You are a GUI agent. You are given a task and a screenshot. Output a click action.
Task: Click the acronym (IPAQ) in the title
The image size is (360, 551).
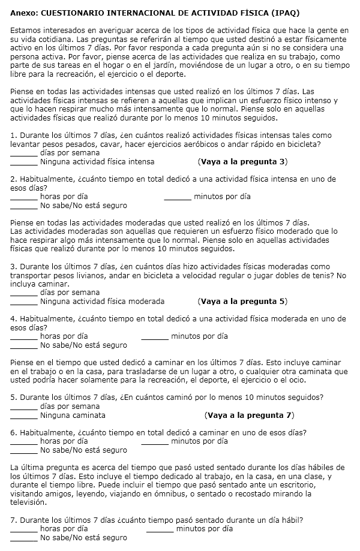coord(284,13)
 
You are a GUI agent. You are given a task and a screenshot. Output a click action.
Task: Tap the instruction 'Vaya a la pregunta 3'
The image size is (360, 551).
coord(242,161)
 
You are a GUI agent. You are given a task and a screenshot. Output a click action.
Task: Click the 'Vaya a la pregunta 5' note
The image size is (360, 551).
coord(242,301)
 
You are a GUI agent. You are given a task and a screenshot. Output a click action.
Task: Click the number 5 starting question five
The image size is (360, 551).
coord(13,398)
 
